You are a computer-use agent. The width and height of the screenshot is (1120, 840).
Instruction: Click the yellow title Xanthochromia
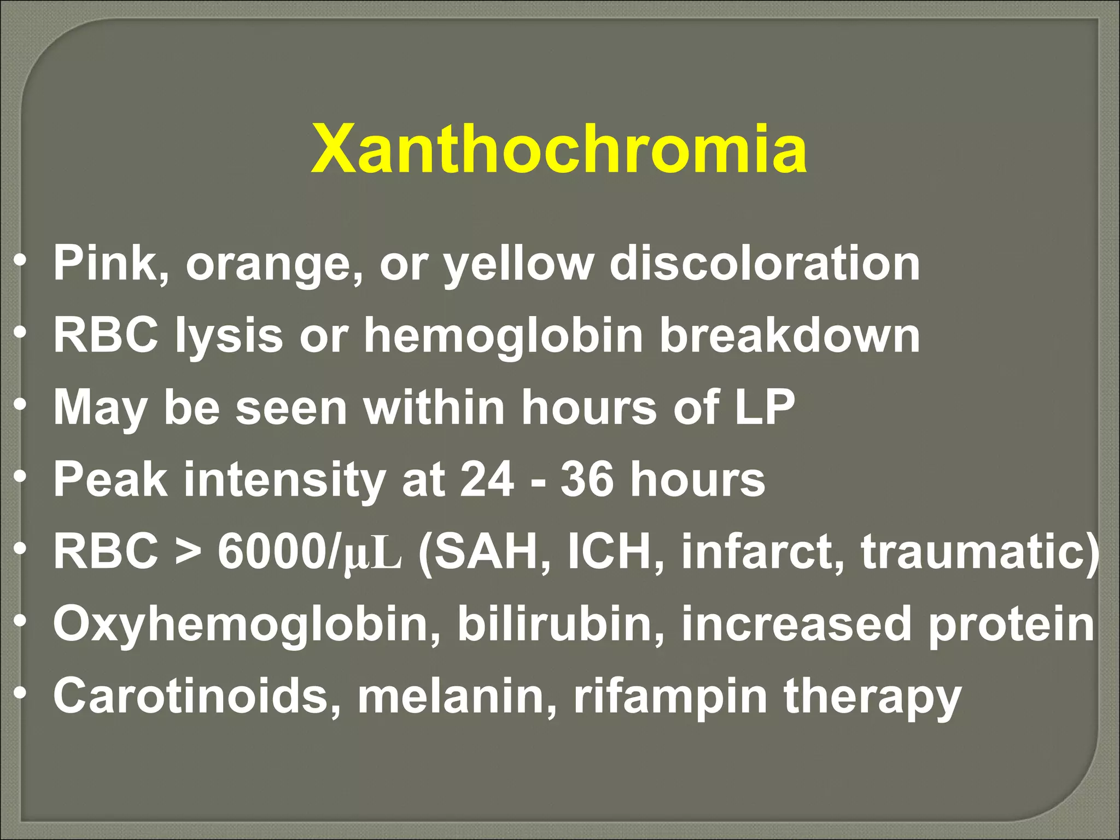coord(558,149)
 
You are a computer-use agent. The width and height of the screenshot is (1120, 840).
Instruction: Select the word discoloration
coord(765,264)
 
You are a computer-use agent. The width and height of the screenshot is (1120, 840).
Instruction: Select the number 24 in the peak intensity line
coord(487,479)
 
